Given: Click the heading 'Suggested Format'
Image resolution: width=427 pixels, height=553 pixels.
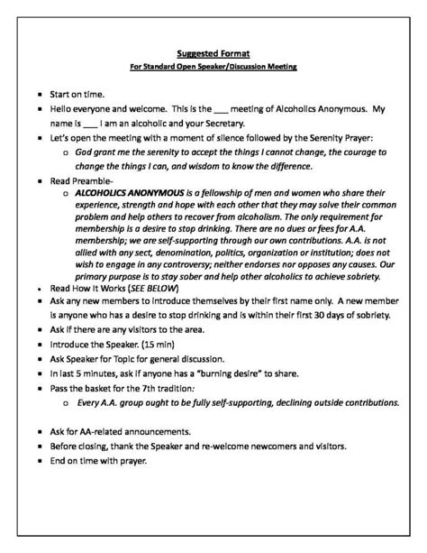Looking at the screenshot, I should coord(213,53).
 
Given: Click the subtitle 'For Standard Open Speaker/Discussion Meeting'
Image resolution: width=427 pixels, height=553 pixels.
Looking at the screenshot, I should coord(213,68).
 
